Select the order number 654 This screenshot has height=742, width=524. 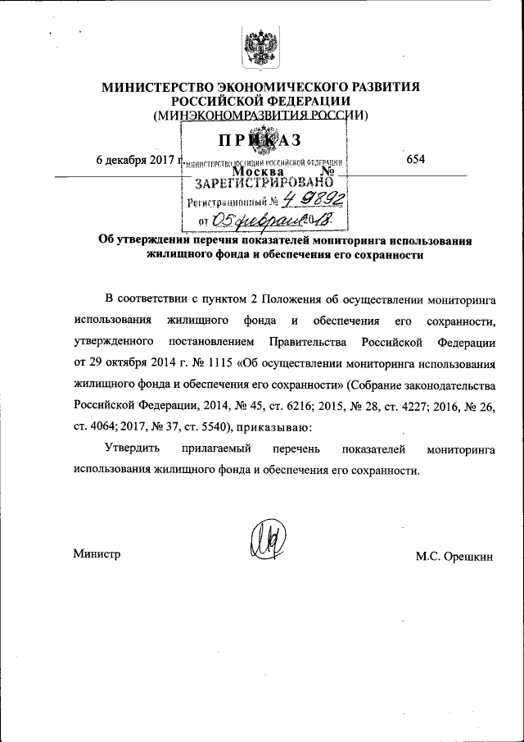pyautogui.click(x=415, y=159)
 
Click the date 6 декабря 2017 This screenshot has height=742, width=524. pyautogui.click(x=136, y=159)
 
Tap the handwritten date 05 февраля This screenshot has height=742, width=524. pyautogui.click(x=254, y=219)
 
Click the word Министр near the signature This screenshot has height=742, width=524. pyautogui.click(x=97, y=554)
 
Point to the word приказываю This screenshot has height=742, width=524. pyautogui.click(x=275, y=426)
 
